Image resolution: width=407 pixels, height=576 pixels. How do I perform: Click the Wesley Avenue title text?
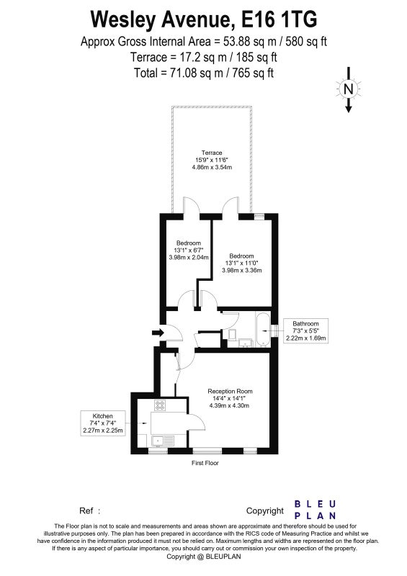click(204, 20)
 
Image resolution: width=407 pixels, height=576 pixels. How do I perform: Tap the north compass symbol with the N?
click(348, 89)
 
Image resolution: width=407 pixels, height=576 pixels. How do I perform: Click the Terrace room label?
click(212, 153)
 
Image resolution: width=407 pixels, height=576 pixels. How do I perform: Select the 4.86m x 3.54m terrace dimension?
click(212, 167)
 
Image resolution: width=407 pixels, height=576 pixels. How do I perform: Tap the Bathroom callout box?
click(305, 330)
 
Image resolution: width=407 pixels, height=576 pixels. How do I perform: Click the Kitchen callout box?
click(102, 423)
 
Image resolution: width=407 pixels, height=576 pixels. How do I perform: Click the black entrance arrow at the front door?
click(158, 333)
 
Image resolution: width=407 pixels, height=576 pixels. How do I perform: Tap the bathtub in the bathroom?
click(263, 330)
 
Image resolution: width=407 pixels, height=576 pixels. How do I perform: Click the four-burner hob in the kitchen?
click(160, 405)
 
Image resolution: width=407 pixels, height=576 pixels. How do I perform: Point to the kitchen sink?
click(163, 441)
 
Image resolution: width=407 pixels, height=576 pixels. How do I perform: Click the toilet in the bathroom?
click(233, 335)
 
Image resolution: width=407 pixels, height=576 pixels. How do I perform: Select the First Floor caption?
click(205, 463)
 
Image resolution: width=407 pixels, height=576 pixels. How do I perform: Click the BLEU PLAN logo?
click(315, 510)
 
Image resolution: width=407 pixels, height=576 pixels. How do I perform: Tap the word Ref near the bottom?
click(86, 510)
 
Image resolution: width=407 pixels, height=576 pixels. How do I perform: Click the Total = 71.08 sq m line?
click(204, 73)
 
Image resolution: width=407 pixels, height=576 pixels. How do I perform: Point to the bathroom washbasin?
click(245, 343)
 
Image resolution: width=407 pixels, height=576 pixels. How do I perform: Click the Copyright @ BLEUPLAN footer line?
click(204, 556)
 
